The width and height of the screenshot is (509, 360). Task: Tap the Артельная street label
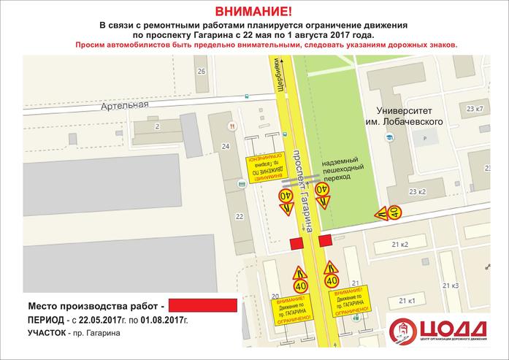[x=127, y=104]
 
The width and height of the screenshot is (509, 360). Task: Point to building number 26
[x=202, y=71]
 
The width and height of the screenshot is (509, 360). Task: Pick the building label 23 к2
[x=417, y=192]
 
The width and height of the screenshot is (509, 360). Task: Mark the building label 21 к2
[x=399, y=243]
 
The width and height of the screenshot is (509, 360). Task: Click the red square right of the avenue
[x=325, y=239]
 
